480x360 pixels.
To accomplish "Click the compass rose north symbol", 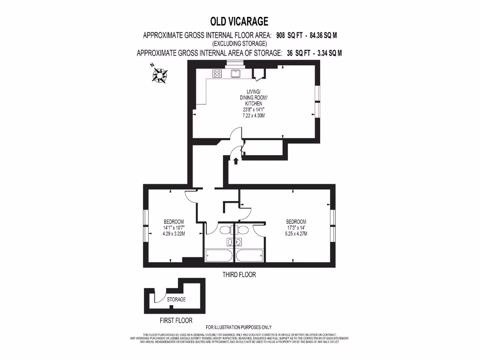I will (160, 74).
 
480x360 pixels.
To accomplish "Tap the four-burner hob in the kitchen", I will (217, 73).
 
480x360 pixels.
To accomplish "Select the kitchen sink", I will (235, 73).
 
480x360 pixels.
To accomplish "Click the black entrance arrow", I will (235, 161).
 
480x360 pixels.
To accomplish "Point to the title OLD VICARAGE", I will (240, 21).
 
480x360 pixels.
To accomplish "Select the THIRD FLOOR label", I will (239, 275).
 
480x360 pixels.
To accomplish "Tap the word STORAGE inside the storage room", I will (176, 299).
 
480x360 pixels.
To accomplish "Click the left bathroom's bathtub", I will (219, 256).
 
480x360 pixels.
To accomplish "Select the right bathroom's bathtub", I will (249, 256).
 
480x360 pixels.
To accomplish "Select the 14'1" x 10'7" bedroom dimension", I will (173, 228).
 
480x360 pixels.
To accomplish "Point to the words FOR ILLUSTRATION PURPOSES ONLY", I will (239, 327).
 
